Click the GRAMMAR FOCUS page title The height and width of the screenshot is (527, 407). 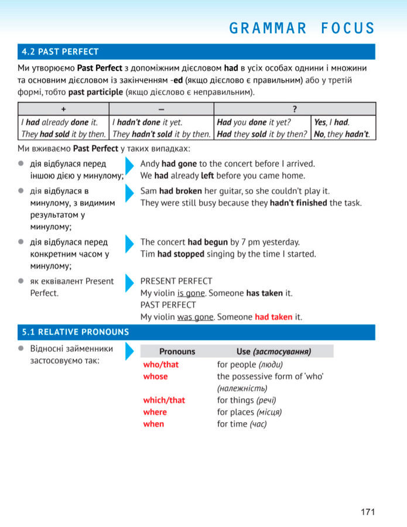302,28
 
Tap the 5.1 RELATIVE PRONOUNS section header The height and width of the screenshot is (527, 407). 76,332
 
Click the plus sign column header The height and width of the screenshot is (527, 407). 63,109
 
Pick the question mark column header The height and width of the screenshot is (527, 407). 295,109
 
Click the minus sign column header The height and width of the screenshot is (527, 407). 161,109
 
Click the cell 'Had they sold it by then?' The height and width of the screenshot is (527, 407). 262,134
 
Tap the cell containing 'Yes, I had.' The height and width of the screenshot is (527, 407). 331,122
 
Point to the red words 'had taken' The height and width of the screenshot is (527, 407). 273,317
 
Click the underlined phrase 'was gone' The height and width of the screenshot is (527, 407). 195,317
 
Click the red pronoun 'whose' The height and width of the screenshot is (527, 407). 155,377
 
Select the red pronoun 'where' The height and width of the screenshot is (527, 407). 155,412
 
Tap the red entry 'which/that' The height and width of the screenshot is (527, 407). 164,401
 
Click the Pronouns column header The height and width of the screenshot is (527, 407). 177,351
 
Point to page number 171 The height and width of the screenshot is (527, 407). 367,512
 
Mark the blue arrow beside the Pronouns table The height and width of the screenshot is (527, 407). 129,352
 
